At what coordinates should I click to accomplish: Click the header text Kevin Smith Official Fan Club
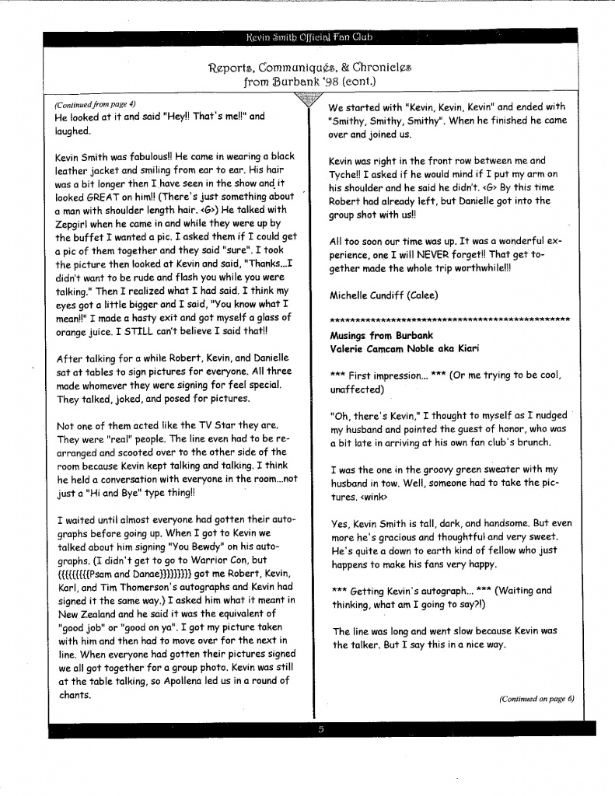309,37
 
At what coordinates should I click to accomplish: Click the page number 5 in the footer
320,729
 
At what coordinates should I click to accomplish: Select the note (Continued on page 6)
536,698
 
